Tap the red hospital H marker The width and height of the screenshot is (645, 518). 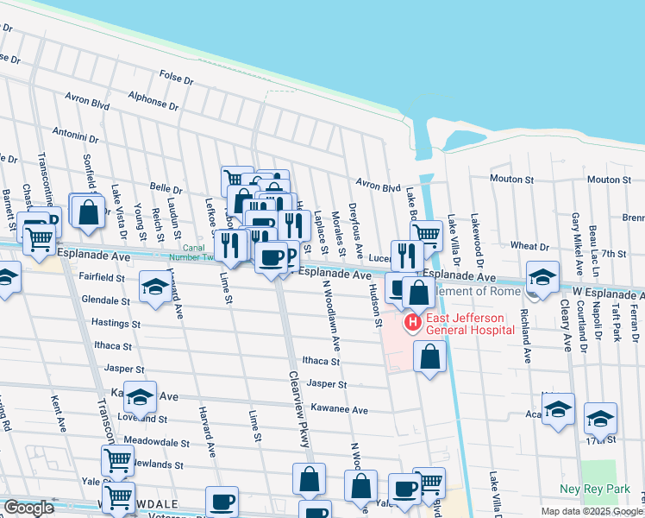coord(412,323)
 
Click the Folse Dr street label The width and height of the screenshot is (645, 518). coord(176,79)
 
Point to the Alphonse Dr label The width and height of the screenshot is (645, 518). coord(152,101)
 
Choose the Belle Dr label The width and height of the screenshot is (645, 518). coord(166,188)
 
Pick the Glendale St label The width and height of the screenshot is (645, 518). coord(104,301)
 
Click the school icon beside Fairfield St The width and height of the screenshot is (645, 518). coord(154,286)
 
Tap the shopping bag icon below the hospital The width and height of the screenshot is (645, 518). coord(429,355)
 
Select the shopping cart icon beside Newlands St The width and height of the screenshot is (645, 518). coord(117,460)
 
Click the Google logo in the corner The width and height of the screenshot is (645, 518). coord(28,508)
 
